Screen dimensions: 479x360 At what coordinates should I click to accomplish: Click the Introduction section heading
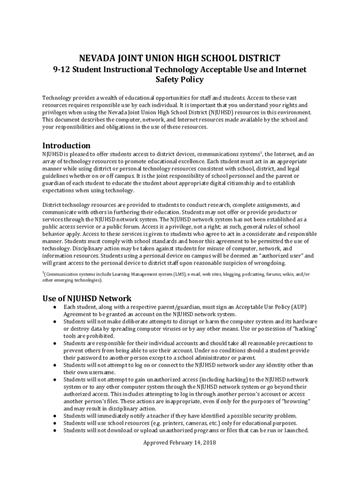66,145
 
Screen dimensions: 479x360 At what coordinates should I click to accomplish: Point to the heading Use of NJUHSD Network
87,298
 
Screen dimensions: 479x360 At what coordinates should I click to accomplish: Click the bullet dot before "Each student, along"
55,307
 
